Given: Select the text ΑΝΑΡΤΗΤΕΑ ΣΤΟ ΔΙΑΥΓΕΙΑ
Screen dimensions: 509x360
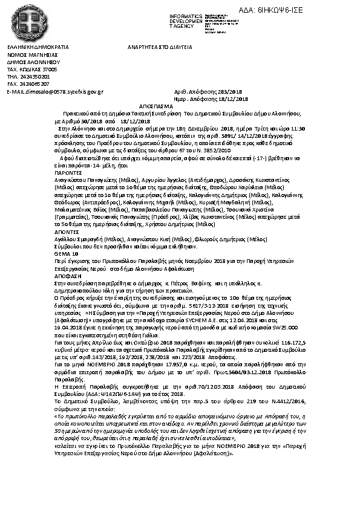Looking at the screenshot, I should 160,47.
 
